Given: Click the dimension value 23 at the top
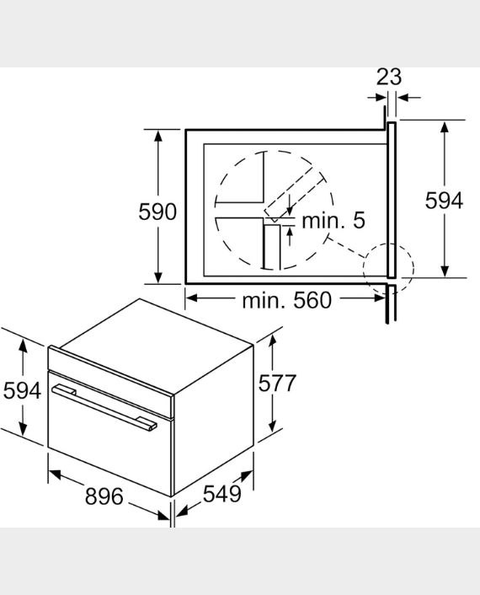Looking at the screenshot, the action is (389, 77).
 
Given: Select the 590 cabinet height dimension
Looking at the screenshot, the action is (157, 212).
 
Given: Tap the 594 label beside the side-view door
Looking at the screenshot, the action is (444, 200).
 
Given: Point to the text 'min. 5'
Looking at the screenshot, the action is (333, 221).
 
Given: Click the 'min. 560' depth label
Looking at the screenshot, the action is (286, 300).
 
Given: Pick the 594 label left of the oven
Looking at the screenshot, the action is (22, 390).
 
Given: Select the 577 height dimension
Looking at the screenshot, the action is (277, 383).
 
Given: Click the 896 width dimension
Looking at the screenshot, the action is (104, 496).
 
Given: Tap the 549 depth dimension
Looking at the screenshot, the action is (221, 494).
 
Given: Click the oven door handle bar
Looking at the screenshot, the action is (104, 407).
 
